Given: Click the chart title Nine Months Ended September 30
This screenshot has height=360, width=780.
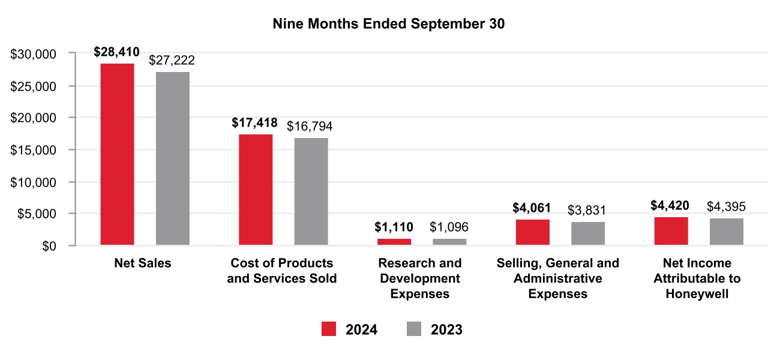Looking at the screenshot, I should tap(389, 25).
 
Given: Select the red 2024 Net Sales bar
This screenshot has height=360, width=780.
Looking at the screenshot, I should tap(117, 154).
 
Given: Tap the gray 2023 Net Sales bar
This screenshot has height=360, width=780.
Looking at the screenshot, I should tap(173, 158).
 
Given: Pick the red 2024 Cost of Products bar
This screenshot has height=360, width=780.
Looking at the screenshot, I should tap(256, 190).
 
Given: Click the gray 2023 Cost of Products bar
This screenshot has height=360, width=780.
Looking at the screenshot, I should tap(311, 191).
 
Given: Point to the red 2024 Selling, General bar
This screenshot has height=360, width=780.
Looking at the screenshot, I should tap(532, 232).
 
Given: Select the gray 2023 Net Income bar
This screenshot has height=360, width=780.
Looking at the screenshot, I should tap(726, 232).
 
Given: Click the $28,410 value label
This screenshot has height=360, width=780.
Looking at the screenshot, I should tap(117, 52).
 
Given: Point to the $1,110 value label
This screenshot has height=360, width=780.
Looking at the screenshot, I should tap(394, 227).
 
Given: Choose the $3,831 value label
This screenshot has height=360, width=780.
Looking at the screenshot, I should tap(587, 210).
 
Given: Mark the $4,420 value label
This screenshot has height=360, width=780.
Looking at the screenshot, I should tap(670, 206).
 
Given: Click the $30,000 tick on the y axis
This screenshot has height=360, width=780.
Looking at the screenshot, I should tap(34, 54).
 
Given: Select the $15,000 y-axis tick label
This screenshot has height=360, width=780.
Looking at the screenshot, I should tap(34, 150).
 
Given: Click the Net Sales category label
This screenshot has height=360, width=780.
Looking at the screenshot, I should tap(143, 263).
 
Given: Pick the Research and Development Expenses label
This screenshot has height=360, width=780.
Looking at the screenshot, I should tap(420, 278).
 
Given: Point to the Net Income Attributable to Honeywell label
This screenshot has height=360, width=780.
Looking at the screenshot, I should tap(697, 278).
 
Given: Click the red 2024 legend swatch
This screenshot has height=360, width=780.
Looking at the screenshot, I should tap(329, 329).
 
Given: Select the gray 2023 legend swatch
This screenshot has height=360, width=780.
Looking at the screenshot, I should tap(414, 329).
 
